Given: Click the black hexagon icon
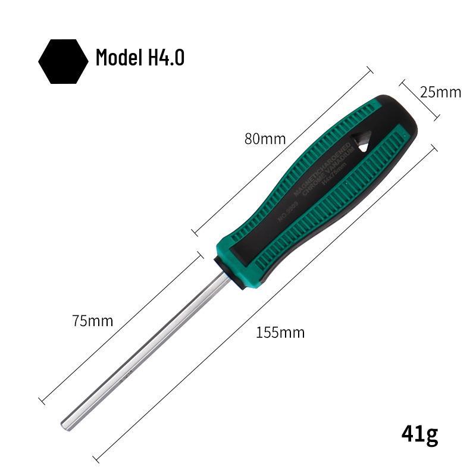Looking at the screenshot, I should coord(63,61).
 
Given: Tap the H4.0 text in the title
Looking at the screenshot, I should coord(164,58).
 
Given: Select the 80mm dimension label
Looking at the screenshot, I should coord(265,139).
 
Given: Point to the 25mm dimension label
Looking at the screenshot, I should coord(440,92).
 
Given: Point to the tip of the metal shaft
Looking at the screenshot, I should coord(65,424).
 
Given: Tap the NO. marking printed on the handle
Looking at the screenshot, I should coord(290,211).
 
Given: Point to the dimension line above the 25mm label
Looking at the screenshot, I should coord(419,99).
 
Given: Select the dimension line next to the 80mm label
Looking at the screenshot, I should coord(280,152).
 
